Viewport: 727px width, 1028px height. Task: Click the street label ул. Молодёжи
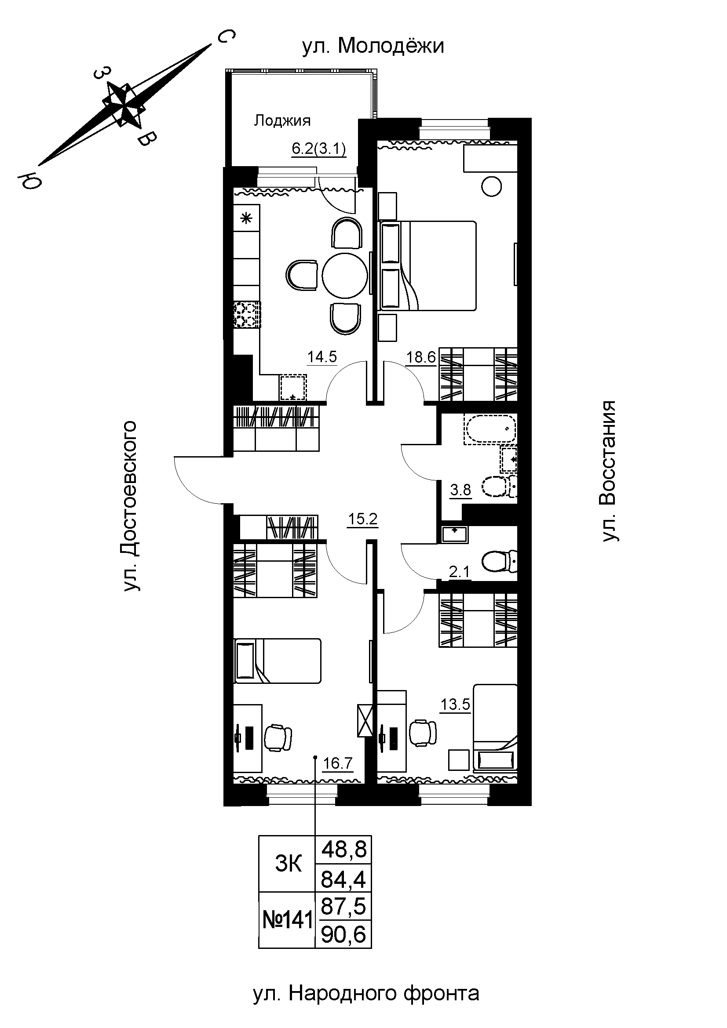[x=373, y=46]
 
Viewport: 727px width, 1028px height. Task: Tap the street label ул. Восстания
[x=609, y=471]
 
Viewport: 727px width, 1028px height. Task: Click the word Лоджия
[x=282, y=120]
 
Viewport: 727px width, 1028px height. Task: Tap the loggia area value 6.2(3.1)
[x=319, y=149]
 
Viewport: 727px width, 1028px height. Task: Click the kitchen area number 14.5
[x=321, y=357]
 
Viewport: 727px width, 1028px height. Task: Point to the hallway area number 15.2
[x=363, y=519]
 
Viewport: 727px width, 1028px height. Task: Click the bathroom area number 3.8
[x=460, y=490]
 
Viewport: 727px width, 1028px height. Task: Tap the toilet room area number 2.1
[x=459, y=572]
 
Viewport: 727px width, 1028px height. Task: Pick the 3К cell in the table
[x=289, y=864]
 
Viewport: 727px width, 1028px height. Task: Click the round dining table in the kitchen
[x=345, y=276]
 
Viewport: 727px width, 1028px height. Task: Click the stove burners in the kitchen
[x=247, y=315]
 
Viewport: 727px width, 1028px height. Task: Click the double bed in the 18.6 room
[x=428, y=265]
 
